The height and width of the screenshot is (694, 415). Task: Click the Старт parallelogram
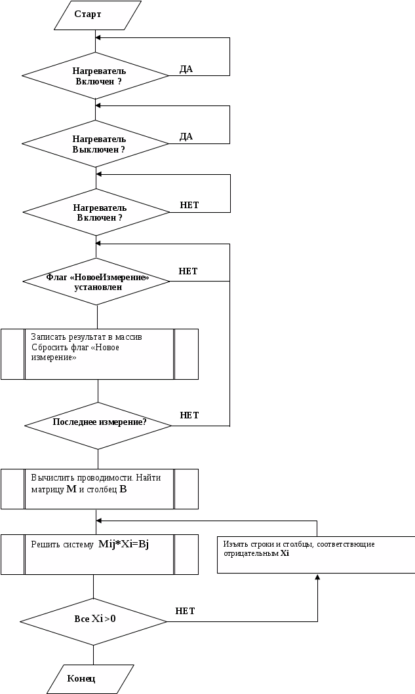coord(97,14)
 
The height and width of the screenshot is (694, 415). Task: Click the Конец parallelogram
coord(90,679)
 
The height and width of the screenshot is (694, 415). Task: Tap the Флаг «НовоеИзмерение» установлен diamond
coord(96,282)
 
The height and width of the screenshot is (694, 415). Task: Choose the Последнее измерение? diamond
coord(98,423)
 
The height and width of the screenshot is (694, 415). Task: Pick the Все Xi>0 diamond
coord(94,619)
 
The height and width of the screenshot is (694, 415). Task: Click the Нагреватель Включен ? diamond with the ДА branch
coord(96,76)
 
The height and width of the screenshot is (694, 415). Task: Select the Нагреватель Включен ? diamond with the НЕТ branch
coord(96,212)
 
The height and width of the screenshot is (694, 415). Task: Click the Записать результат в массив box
coord(99,354)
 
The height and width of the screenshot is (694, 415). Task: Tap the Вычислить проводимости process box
coord(99,488)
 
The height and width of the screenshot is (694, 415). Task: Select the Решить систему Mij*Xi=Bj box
coord(99,555)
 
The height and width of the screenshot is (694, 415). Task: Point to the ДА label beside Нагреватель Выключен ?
coord(186,137)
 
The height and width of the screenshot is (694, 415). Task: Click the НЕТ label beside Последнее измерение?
coord(189,415)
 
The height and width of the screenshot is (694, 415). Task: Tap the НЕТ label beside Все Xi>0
coord(186,611)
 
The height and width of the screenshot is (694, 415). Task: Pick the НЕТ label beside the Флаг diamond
coord(188,271)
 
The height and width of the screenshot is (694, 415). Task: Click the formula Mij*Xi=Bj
coord(124,545)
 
